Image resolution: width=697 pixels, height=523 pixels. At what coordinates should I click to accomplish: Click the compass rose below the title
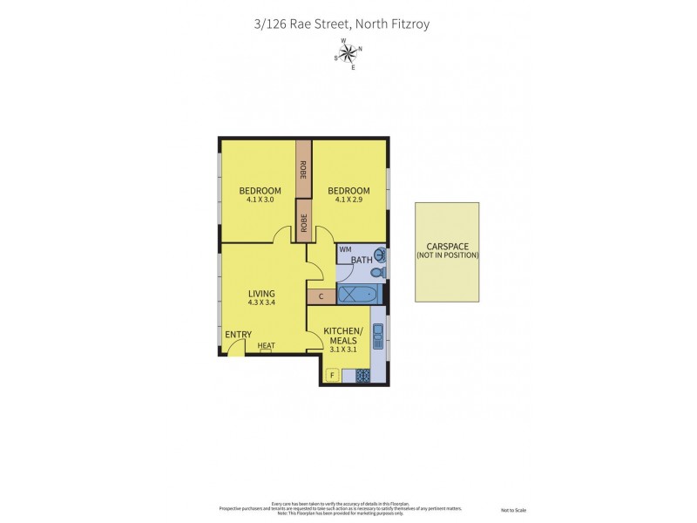coord(348,53)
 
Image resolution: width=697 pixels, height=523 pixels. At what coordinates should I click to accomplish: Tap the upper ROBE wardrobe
coord(303,170)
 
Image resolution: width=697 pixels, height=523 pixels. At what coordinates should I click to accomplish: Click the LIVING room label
coord(261,293)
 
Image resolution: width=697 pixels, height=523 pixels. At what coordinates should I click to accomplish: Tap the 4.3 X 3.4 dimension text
coord(261,302)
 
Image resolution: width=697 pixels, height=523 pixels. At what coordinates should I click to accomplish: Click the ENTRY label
coord(238,335)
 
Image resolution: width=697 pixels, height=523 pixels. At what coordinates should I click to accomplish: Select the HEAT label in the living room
coord(266,346)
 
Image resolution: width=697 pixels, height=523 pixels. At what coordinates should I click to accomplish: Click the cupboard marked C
coord(321,296)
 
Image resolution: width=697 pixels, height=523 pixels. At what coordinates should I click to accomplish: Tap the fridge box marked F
coord(332,376)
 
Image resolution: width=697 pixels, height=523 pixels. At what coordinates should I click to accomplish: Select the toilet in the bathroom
coord(376,273)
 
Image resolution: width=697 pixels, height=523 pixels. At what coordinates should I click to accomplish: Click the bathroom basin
coord(378,254)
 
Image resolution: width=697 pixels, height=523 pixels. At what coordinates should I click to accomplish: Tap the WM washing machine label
coord(345,250)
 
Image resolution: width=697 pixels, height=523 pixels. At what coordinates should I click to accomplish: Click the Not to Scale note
coord(513,510)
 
